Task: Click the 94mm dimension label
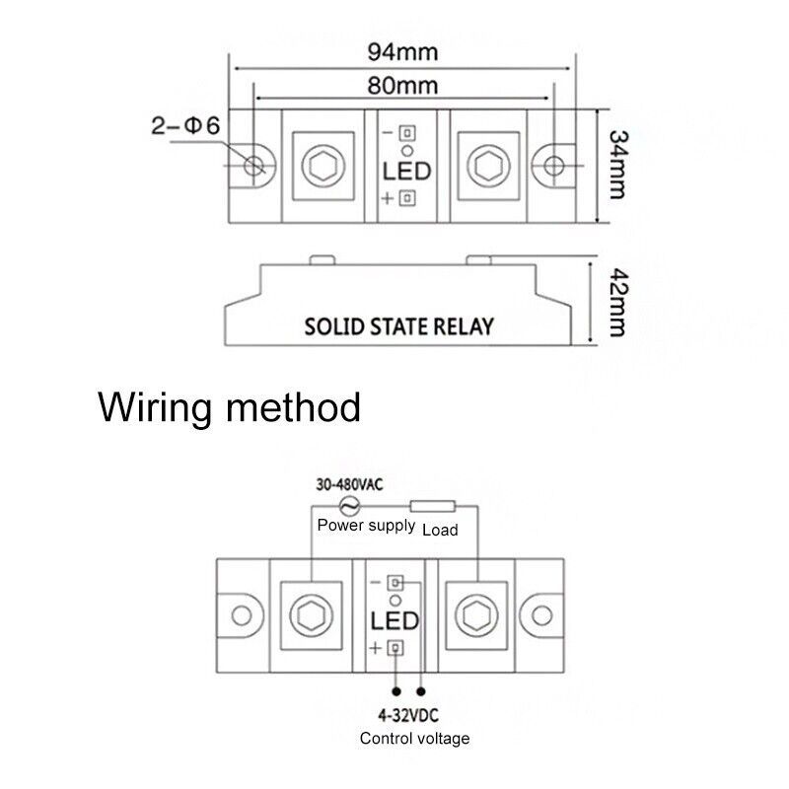pyautogui.click(x=402, y=52)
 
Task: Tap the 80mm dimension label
pyautogui.click(x=402, y=86)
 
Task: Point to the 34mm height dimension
pyautogui.click(x=618, y=165)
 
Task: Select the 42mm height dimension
pyautogui.click(x=618, y=302)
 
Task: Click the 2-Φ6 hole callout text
pyautogui.click(x=185, y=125)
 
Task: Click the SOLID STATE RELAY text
pyautogui.click(x=399, y=326)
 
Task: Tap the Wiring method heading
pyautogui.click(x=230, y=407)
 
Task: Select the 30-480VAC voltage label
pyautogui.click(x=349, y=484)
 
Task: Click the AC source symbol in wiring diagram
pyautogui.click(x=349, y=506)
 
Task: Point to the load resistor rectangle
pyautogui.click(x=433, y=506)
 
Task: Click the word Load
pyautogui.click(x=440, y=530)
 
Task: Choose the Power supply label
pyautogui.click(x=366, y=526)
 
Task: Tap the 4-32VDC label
pyautogui.click(x=408, y=715)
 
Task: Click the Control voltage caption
pyautogui.click(x=414, y=739)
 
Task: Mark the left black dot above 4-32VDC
pyautogui.click(x=396, y=692)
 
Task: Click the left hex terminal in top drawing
pyautogui.click(x=323, y=166)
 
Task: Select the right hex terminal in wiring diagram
pyautogui.click(x=476, y=615)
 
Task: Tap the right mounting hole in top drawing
pyautogui.click(x=554, y=166)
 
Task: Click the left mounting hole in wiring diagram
pyautogui.click(x=242, y=615)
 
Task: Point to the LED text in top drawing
pyautogui.click(x=406, y=172)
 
